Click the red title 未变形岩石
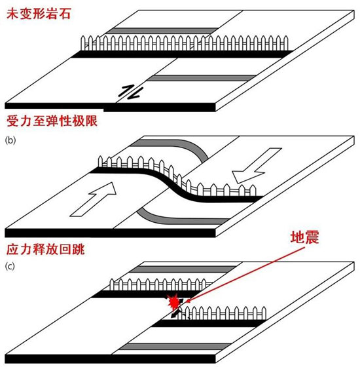pyautogui.click(x=39, y=14)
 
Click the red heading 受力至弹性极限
pyautogui.click(x=52, y=121)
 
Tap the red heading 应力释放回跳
pyautogui.click(x=45, y=250)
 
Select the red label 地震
pyautogui.click(x=304, y=237)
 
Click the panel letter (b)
pyautogui.click(x=10, y=140)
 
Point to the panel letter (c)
pyautogui.click(x=10, y=267)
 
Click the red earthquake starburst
pyautogui.click(x=173, y=302)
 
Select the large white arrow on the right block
pyautogui.click(x=257, y=165)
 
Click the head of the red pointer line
pyautogui.click(x=187, y=301)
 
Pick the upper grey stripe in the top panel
pyautogui.click(x=162, y=31)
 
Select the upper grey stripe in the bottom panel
pyautogui.click(x=183, y=269)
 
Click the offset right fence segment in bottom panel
pyautogui.click(x=223, y=313)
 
